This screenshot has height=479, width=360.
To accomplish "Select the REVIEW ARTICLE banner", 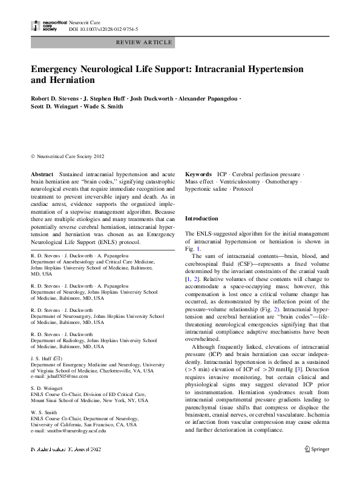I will click(145, 42).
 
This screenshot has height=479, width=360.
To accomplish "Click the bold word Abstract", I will click(42, 174).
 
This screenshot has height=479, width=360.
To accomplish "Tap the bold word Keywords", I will click(198, 174).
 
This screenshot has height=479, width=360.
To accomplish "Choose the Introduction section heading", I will click(201, 218).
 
